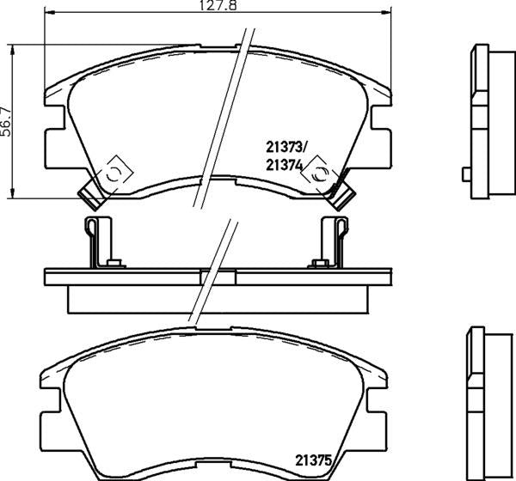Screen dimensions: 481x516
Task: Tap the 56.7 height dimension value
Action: [x=6, y=118]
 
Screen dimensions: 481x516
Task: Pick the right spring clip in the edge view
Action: [x=332, y=240]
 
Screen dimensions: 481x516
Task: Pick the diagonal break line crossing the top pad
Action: [x=220, y=120]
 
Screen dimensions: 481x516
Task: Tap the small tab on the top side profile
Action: [x=465, y=174]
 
